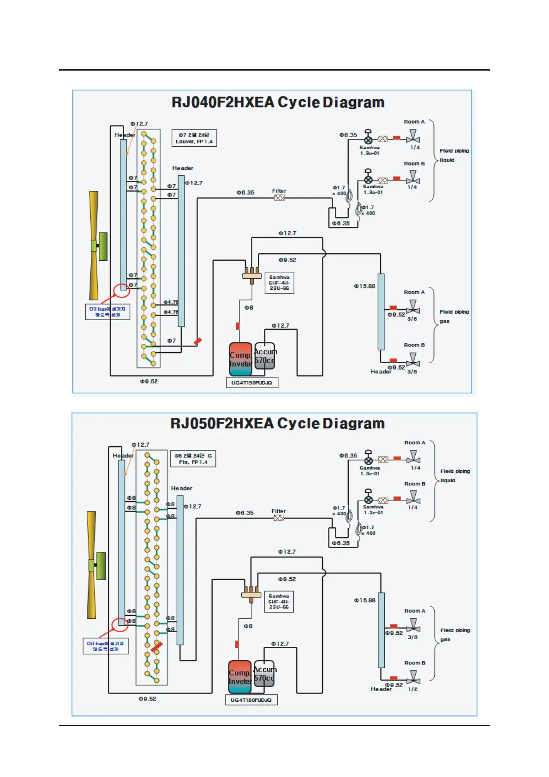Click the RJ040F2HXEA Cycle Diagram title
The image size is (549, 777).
[278, 102]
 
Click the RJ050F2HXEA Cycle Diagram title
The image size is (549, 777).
[277, 424]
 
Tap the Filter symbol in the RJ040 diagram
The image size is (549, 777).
[279, 198]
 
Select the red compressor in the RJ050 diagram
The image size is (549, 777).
[240, 676]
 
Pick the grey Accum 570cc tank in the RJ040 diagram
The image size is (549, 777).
[265, 356]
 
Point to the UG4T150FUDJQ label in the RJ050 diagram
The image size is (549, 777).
[251, 700]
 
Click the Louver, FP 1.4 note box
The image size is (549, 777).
[194, 138]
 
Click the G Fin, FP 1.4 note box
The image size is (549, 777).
[193, 459]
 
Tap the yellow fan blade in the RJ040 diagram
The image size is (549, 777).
[94, 245]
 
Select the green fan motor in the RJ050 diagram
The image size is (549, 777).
[101, 566]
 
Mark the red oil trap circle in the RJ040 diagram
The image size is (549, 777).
[122, 291]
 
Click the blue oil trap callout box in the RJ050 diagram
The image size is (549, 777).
[105, 646]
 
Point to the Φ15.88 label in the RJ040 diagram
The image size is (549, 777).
[364, 286]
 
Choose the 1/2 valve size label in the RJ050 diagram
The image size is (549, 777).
[412, 689]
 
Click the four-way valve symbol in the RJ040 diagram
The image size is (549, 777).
[252, 275]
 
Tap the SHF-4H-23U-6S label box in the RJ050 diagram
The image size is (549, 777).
[279, 602]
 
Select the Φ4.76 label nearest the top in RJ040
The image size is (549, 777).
[171, 302]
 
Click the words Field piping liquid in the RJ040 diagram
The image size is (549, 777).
[454, 155]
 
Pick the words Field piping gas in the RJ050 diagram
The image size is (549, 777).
[454, 634]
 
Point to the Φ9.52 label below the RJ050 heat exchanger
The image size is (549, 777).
[148, 699]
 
